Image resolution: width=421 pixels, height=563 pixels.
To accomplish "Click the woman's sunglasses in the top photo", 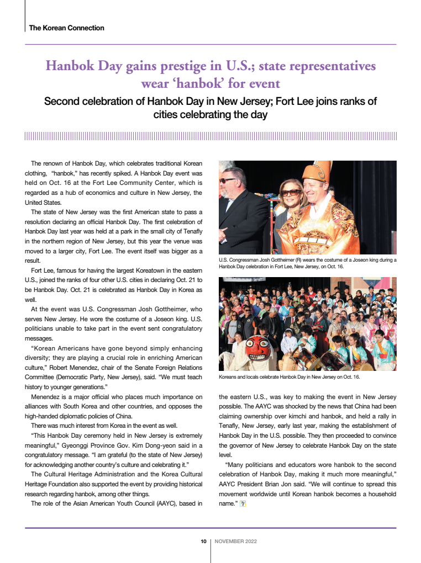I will pyautogui.click(x=291, y=193).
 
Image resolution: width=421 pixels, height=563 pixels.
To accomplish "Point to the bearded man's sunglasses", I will pyautogui.click(x=228, y=180).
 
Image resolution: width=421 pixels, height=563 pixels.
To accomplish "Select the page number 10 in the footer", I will pyautogui.click(x=203, y=541).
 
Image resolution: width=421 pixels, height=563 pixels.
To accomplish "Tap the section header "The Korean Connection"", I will pyautogui.click(x=66, y=28).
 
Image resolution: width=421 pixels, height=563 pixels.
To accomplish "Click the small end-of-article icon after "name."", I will pyautogui.click(x=243, y=503).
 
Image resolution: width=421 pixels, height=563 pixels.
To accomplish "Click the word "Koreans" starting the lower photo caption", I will pyautogui.click(x=229, y=377).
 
